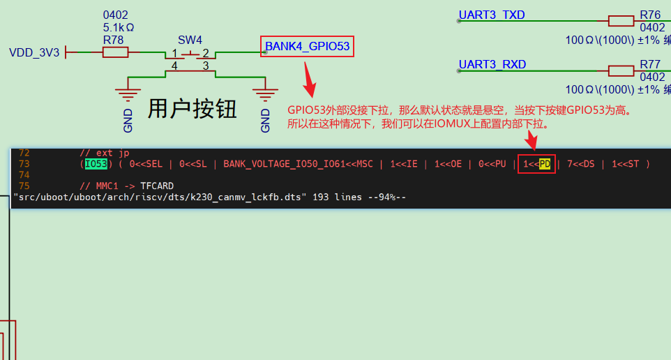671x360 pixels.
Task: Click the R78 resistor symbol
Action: point(115,52)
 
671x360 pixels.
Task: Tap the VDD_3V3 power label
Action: point(34,52)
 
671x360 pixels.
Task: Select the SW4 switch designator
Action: point(190,39)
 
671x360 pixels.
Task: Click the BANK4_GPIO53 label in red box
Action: point(307,47)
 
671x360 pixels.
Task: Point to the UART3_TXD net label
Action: point(492,15)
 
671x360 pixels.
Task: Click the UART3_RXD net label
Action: point(492,65)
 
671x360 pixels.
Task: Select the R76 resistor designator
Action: point(649,15)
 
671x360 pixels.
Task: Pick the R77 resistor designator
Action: point(649,65)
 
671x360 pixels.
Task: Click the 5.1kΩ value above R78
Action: point(119,28)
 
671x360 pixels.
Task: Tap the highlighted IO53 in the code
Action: point(96,164)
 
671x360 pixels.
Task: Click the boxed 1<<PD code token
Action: point(536,164)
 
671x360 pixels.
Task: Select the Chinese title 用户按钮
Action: point(192,109)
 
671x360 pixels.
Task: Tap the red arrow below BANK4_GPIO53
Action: point(308,80)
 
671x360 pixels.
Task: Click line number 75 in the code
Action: point(24,186)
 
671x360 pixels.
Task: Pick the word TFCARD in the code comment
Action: point(156,186)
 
